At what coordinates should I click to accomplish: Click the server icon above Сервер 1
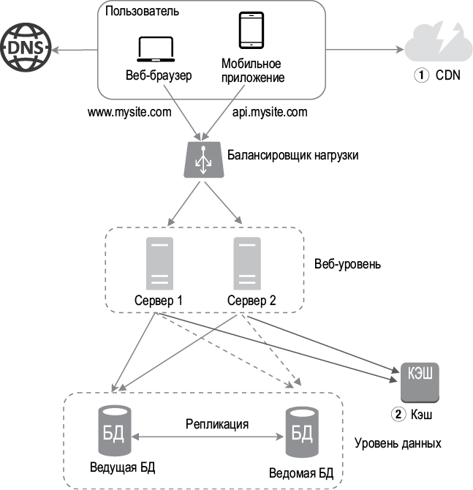click(x=159, y=263)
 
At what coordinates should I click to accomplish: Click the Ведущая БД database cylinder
click(x=114, y=431)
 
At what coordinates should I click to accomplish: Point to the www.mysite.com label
click(x=129, y=114)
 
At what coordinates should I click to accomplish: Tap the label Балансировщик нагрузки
click(x=292, y=156)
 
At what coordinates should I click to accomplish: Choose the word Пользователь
click(x=143, y=12)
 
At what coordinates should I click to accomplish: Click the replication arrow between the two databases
click(x=207, y=438)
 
